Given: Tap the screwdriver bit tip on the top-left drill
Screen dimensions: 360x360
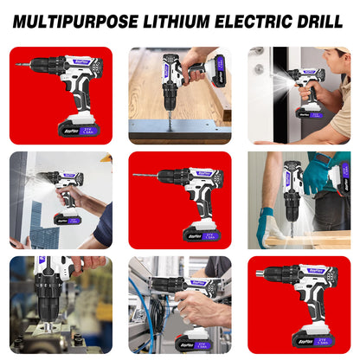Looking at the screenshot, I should tap(16, 65).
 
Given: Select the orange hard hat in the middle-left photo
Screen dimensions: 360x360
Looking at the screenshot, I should tap(106, 158).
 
